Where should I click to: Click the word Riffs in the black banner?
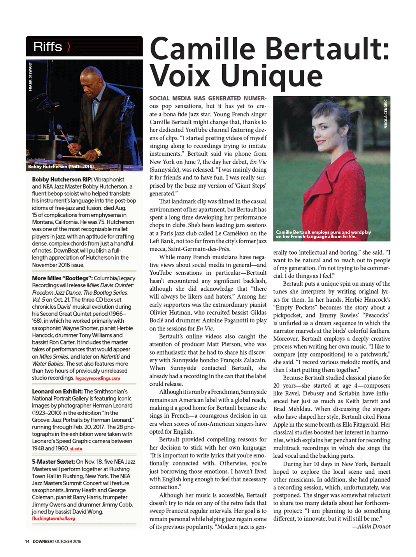[47, 47]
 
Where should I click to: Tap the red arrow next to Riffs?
[69, 47]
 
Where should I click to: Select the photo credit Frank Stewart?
[30, 77]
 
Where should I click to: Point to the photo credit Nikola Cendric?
[386, 114]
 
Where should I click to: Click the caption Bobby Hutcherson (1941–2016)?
[61, 167]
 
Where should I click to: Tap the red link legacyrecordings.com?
[98, 378]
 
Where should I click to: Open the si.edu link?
[76, 449]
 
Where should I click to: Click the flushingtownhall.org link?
[53, 518]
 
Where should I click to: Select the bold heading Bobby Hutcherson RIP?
[62, 179]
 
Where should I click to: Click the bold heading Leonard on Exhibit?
[57, 392]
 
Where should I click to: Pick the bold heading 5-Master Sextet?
[53, 462]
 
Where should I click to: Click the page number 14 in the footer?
[27, 541]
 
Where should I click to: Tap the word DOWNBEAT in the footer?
[43, 541]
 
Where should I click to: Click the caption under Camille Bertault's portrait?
[323, 234]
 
